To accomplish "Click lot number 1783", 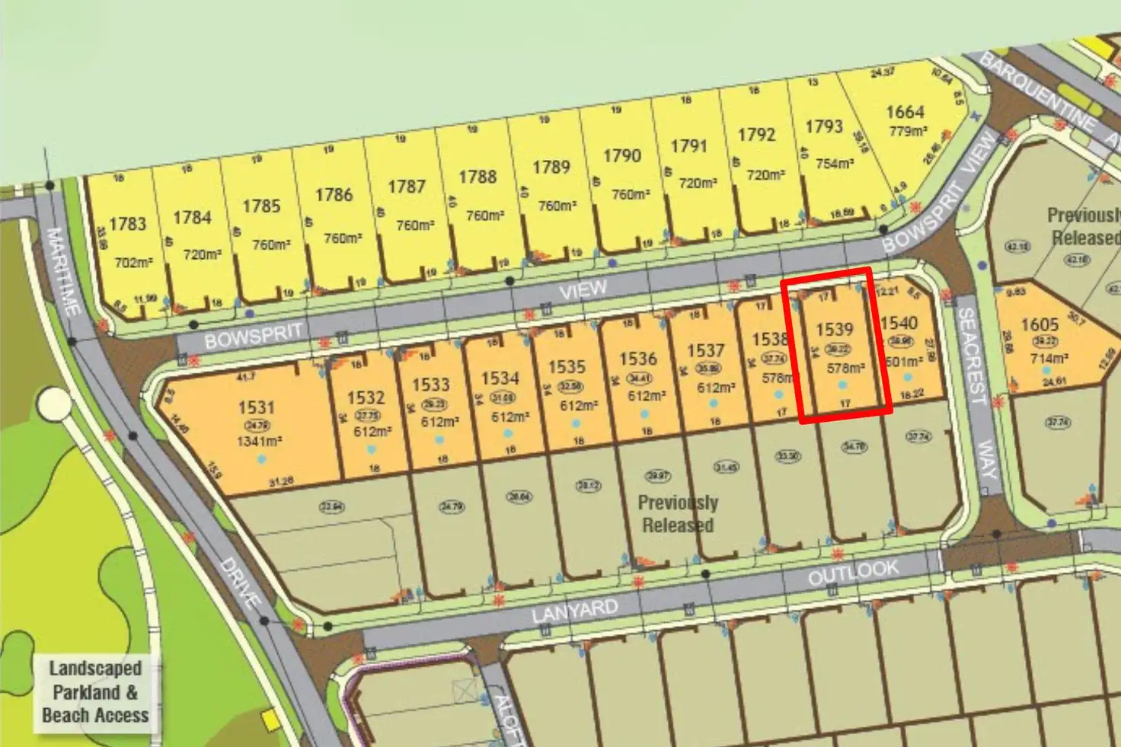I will click(x=127, y=224).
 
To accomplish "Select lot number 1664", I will click(x=905, y=112).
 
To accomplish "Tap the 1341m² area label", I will click(x=257, y=442).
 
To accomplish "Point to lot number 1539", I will click(x=834, y=330).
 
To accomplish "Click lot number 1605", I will click(x=1040, y=325).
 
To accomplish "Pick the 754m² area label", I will click(x=834, y=164).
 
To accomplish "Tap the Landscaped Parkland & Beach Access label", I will click(x=96, y=691).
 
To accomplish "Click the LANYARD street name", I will click(x=575, y=610).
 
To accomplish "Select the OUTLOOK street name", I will click(x=853, y=573).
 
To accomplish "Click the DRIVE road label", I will click(x=241, y=583).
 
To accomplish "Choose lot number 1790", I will click(x=621, y=156).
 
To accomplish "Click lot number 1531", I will click(x=256, y=407).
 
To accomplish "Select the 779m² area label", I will click(x=908, y=132).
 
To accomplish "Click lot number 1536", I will click(x=637, y=359).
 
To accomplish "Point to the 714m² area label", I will click(x=1049, y=358).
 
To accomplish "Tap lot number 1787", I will click(x=406, y=187).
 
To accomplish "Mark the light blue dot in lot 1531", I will click(x=261, y=459).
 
